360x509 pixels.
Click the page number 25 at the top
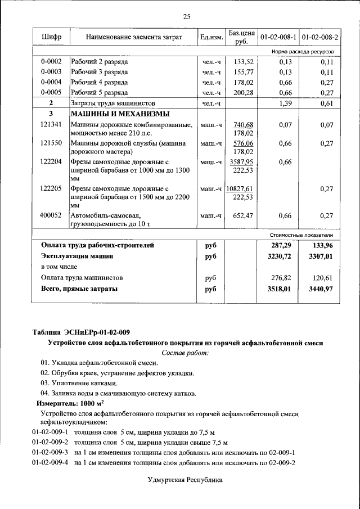186,17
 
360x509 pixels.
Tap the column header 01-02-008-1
278,37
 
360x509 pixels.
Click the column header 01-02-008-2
319,37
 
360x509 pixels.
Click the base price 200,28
244,93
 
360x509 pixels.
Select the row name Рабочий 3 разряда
100,73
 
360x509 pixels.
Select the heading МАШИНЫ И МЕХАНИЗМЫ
109,114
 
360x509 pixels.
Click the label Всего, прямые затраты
79,289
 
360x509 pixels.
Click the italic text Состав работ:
185,353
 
